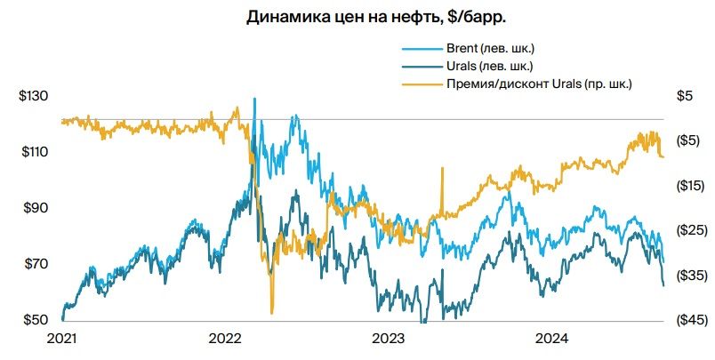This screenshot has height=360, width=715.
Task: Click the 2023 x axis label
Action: point(389,338)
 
